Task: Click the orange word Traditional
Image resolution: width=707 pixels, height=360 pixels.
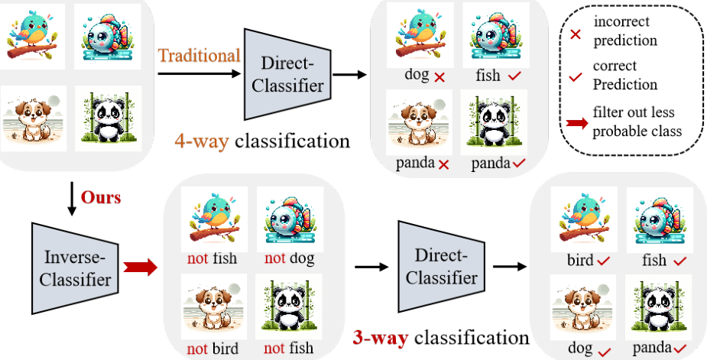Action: click(x=199, y=56)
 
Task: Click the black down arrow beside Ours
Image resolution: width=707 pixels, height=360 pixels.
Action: click(x=71, y=199)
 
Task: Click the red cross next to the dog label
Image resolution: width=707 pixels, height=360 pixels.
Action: click(x=439, y=78)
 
